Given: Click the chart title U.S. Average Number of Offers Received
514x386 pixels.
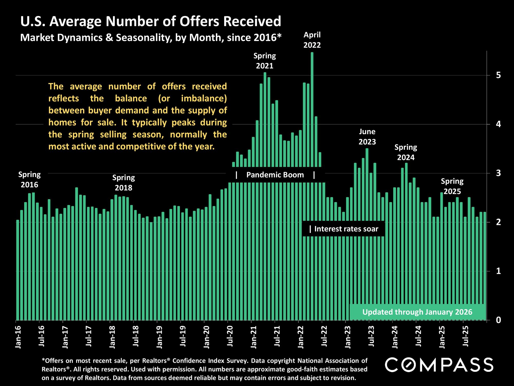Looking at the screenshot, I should (x=151, y=21).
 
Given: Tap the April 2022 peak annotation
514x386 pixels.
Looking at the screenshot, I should (x=312, y=40).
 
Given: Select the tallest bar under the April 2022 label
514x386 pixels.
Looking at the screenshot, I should (x=312, y=180).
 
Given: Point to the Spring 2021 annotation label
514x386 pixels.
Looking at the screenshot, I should (x=265, y=61).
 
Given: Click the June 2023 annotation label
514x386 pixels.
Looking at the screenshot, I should (x=367, y=137).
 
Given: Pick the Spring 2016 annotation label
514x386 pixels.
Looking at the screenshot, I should (x=30, y=180).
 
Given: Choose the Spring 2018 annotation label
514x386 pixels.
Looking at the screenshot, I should (x=124, y=183).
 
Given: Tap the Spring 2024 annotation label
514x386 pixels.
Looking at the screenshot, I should (x=406, y=152).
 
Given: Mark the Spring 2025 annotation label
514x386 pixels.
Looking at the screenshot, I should (x=452, y=186).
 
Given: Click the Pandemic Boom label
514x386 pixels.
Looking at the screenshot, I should (x=275, y=175).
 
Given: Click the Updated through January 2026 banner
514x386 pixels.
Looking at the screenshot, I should (x=417, y=312).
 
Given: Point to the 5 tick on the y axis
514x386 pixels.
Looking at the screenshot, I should (x=498, y=75).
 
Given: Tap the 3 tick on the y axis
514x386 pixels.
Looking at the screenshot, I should (x=498, y=173).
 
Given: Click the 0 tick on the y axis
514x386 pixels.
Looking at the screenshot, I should (x=498, y=320).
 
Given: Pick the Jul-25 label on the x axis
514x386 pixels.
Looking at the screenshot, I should (x=466, y=337).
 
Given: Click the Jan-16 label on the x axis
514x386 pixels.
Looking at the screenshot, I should (x=18, y=337).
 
